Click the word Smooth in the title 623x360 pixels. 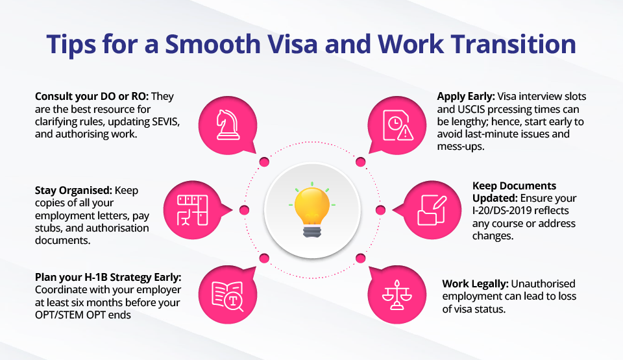tap(213, 43)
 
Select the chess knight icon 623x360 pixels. tap(228, 125)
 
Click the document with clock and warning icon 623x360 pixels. tap(398, 125)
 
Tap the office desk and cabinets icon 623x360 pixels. tap(192, 210)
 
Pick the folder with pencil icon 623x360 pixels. tap(432, 210)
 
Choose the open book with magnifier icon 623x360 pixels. tap(228, 296)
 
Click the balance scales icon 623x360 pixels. tap(397, 295)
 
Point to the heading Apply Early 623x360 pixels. tap(466, 97)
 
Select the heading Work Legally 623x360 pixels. tap(475, 283)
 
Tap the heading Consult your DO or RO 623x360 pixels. tap(92, 97)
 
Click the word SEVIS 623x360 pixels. tap(166, 121)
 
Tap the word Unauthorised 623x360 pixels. tap(543, 283)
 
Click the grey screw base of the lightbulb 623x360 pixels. tap(312, 232)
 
